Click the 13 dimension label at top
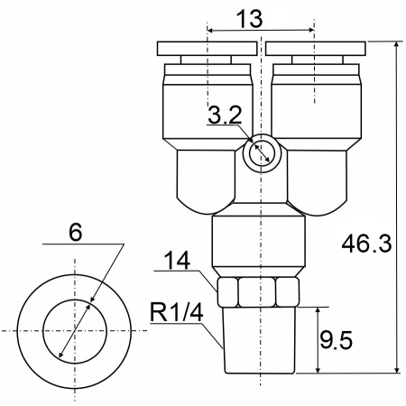[x=249, y=19]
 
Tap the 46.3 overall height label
[x=366, y=244]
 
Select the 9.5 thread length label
[x=336, y=340]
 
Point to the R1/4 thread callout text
[x=177, y=312]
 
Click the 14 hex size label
[x=177, y=260]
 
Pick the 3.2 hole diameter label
[x=225, y=115]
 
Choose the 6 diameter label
[x=75, y=232]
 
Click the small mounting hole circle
[x=262, y=153]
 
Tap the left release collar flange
[x=207, y=49]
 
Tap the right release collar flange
[x=316, y=49]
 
